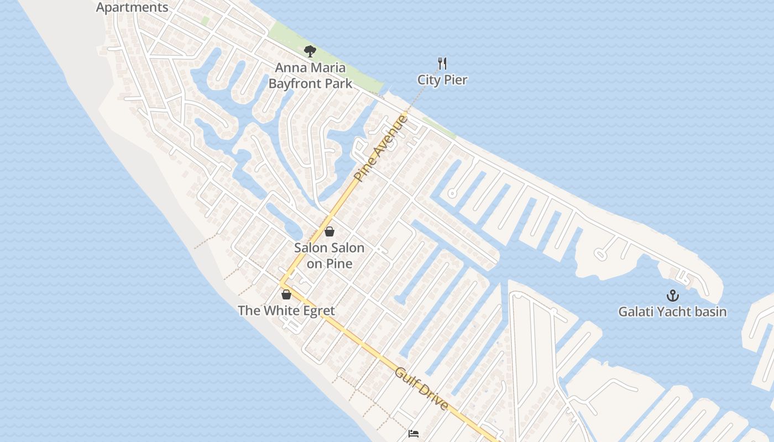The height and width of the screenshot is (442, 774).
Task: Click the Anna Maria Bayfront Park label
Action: click(x=310, y=76)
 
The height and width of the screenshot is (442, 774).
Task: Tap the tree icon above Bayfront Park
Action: click(x=310, y=51)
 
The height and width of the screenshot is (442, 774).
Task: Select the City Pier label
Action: click(x=442, y=80)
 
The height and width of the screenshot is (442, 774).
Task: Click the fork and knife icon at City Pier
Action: click(x=442, y=63)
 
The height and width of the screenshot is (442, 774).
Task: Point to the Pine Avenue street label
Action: click(x=381, y=148)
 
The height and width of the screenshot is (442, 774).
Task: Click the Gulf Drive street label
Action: click(x=422, y=389)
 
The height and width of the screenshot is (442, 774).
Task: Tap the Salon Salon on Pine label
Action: click(x=330, y=256)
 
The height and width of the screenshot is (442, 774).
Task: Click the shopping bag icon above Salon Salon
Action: click(x=330, y=231)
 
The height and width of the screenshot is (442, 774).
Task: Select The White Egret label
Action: click(x=286, y=311)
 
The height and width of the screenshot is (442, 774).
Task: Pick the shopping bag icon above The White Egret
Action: click(x=286, y=294)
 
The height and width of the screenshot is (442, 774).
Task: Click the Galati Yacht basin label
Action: click(x=672, y=312)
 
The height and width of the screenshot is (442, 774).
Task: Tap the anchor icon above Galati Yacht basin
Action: click(x=672, y=296)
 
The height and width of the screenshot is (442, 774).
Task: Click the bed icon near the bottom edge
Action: click(x=413, y=434)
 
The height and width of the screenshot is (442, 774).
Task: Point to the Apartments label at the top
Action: click(x=132, y=8)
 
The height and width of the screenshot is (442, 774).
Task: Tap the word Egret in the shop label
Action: click(x=317, y=311)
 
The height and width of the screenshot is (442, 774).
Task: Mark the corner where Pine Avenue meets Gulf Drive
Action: click(x=283, y=285)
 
